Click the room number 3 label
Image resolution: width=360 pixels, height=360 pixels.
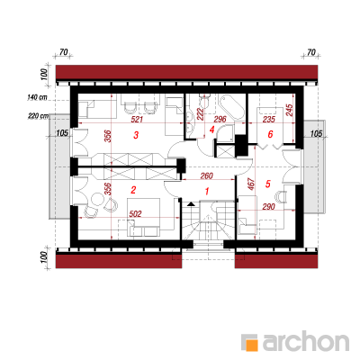click(x=136, y=135)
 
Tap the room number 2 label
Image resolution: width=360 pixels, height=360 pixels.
click(x=134, y=190)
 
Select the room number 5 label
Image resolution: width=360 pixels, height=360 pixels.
click(x=268, y=184)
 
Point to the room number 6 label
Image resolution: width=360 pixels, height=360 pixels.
click(x=270, y=134)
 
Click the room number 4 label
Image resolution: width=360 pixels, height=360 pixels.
click(x=212, y=130)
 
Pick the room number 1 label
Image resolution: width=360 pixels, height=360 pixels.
click(x=207, y=191)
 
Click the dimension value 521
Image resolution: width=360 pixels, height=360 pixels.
click(x=137, y=120)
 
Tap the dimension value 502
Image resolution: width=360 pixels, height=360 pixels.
click(x=135, y=213)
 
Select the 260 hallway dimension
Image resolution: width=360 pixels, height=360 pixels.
click(x=206, y=175)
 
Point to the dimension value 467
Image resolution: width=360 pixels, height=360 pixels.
click(x=251, y=184)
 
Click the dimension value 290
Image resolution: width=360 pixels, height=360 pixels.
click(x=268, y=207)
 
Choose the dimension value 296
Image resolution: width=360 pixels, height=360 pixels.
click(x=220, y=120)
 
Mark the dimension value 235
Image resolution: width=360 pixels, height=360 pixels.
click(x=268, y=120)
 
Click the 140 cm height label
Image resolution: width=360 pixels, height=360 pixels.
click(x=38, y=97)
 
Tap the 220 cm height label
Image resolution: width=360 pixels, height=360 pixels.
click(x=38, y=116)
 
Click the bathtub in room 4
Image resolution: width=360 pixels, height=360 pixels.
click(x=231, y=107)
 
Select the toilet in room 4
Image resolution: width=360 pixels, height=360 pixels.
click(x=205, y=100)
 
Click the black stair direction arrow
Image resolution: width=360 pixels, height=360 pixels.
click(x=191, y=204)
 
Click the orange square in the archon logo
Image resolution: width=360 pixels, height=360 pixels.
click(x=252, y=345)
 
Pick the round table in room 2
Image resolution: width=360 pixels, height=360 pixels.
click(x=97, y=199)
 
